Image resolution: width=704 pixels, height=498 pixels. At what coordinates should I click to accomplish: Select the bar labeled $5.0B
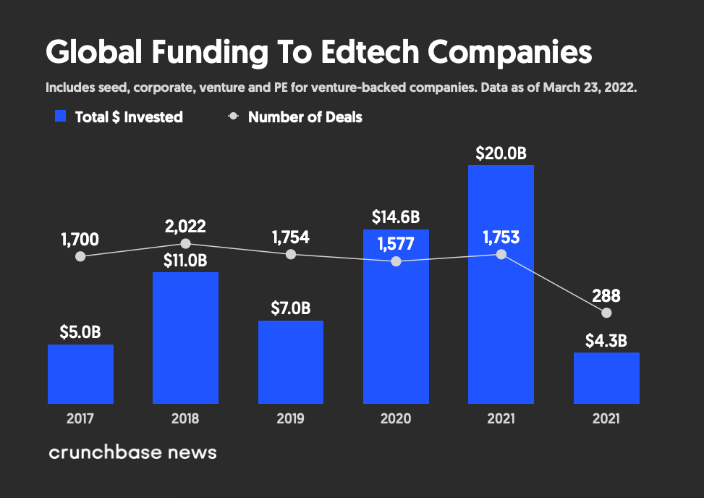coord(80,374)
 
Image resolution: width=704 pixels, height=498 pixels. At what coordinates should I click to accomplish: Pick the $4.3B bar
coord(606,378)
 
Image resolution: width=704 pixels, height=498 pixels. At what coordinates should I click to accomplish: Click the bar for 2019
coord(291,362)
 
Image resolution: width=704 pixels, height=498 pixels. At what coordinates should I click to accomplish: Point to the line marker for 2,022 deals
coord(185,244)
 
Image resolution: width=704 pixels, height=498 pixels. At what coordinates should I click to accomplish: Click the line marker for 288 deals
coord(606,313)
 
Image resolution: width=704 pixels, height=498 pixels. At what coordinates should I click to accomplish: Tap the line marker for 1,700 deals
coord(80,256)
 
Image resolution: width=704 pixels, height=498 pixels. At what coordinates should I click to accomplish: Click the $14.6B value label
coord(396,216)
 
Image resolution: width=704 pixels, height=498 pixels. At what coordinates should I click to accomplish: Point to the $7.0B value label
coord(291,308)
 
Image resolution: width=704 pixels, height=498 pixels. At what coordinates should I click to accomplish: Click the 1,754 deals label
coord(291,237)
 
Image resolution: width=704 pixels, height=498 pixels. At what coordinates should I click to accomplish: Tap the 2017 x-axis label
coord(80,418)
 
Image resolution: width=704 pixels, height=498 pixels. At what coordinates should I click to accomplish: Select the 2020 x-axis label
coord(396,418)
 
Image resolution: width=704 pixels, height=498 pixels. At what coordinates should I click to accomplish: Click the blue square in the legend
coord(61,117)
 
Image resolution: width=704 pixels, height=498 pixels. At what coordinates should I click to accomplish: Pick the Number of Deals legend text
coord(305,117)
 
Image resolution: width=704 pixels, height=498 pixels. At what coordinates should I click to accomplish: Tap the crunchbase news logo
coord(132,453)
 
